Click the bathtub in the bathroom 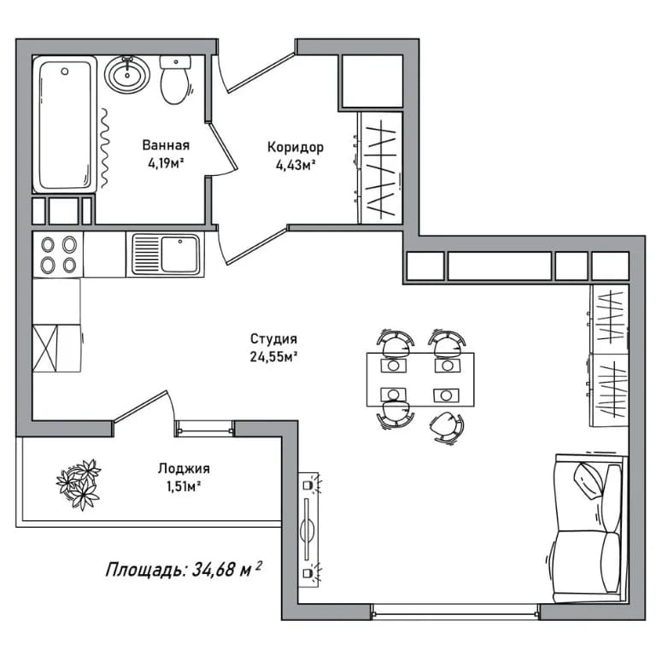64,125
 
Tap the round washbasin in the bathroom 127,75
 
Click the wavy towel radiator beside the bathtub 104,148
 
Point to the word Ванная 166,145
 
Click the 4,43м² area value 296,165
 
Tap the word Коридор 296,148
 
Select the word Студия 273,339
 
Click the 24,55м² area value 273,356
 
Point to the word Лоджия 184,469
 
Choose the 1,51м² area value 184,486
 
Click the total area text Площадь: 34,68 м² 183,569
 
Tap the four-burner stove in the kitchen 58,255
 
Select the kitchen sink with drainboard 166,255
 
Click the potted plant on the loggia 79,484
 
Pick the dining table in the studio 420,379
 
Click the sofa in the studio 589,529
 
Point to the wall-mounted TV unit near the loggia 308,530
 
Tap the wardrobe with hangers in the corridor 380,167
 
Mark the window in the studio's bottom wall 454,612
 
